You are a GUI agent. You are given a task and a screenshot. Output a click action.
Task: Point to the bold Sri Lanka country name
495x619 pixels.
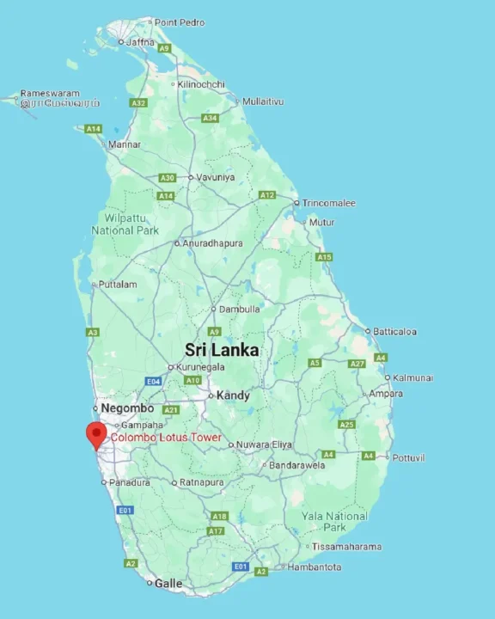(x=222, y=350)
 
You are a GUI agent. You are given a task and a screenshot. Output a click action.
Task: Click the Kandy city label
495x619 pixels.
(x=233, y=395)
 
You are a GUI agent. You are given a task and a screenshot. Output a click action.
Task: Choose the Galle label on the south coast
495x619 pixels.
(x=168, y=583)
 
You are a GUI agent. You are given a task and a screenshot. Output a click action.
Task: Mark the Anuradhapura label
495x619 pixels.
(x=212, y=243)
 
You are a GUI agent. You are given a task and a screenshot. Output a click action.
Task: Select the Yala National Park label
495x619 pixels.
(x=334, y=521)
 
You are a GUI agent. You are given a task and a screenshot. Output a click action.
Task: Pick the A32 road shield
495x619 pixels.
(x=138, y=102)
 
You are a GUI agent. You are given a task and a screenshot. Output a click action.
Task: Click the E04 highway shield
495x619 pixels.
(x=154, y=380)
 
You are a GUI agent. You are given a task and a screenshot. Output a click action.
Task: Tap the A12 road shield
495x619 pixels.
(x=267, y=195)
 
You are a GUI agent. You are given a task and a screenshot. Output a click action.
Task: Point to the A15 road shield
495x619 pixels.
(x=324, y=257)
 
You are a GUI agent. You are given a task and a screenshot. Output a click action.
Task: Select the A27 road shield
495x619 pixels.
(x=357, y=364)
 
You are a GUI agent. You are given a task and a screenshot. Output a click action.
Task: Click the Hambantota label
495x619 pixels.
(x=314, y=567)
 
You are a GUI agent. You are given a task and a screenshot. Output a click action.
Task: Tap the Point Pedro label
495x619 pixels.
(x=179, y=21)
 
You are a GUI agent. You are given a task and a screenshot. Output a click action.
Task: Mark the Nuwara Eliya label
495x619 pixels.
(x=264, y=444)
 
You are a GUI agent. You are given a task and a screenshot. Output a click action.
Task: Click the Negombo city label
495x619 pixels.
(x=127, y=408)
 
